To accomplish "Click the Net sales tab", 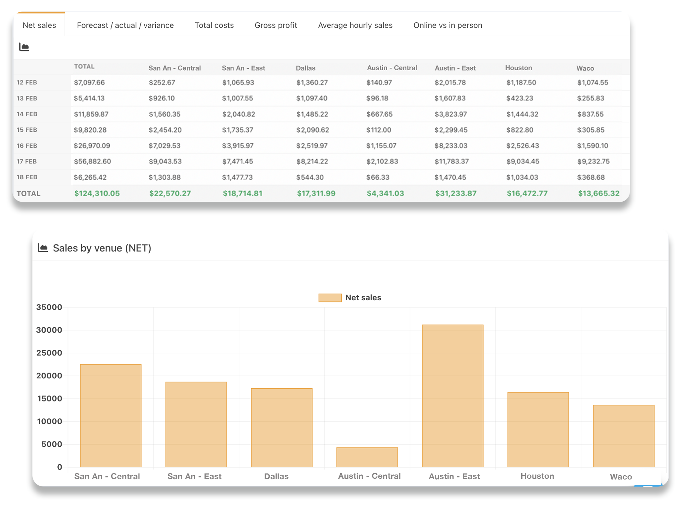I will point(39,25).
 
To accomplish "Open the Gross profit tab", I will point(276,25).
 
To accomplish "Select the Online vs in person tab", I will point(447,25).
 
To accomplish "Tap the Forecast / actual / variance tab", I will point(125,25).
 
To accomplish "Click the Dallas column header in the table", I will point(305,68).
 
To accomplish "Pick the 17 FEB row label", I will point(27,161).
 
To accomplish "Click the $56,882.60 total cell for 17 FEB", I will point(92,161).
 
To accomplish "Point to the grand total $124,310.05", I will point(97,193).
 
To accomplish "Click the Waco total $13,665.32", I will point(598,193).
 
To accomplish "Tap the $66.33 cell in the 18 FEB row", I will point(378,177).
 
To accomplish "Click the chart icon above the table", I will point(24,47).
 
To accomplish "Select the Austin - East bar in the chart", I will point(452,395).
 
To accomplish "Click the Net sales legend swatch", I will point(330,298).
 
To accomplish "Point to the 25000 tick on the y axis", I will point(49,353).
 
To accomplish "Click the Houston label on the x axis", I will point(537,476).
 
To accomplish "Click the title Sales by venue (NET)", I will point(102,248).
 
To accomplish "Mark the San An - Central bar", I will point(110,415).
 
